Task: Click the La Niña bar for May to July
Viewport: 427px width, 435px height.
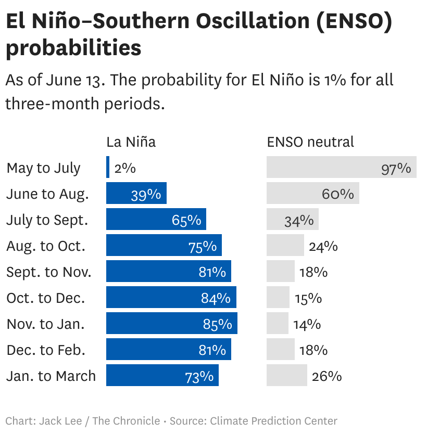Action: click(108, 167)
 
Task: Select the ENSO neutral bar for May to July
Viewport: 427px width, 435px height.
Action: click(341, 167)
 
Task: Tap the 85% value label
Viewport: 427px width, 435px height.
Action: click(217, 324)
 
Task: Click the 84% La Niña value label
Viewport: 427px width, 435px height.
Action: click(216, 298)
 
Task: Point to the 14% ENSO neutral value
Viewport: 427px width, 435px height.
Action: click(307, 324)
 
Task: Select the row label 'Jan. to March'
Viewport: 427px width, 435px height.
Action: click(51, 376)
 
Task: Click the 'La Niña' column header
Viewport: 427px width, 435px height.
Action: click(131, 142)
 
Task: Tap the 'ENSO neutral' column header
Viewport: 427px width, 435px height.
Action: click(310, 142)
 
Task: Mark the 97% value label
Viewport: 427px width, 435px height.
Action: click(396, 168)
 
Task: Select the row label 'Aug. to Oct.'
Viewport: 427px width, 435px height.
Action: click(46, 246)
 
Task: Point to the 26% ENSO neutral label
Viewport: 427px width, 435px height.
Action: click(326, 376)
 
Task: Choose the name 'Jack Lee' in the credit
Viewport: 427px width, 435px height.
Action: click(60, 420)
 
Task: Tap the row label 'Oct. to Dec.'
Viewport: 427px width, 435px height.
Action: click(45, 298)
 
